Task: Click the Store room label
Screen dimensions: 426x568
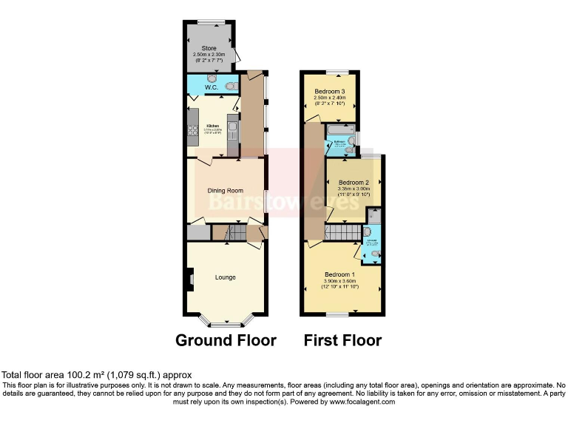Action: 209,48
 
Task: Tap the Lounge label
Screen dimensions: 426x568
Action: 225,277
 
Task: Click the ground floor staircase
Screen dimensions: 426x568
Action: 229,234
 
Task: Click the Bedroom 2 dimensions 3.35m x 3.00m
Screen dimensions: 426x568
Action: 354,189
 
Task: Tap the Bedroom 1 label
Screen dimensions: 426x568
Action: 340,274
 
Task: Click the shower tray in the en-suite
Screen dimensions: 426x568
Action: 374,215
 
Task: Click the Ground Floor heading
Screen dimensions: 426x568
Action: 226,340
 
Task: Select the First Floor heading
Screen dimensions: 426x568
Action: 342,340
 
